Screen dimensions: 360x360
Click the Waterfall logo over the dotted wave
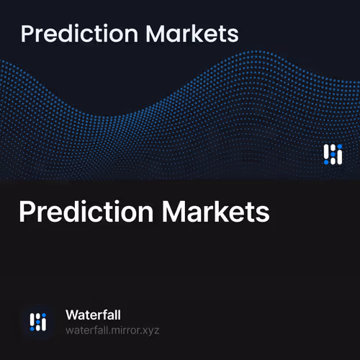click(x=332, y=154)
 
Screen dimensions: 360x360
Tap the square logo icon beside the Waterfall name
click(x=38, y=322)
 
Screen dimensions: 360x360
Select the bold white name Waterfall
click(x=92, y=315)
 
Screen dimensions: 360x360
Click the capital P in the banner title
click(x=28, y=34)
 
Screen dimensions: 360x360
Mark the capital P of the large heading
click(x=27, y=212)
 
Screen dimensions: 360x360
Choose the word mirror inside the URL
click(x=123, y=330)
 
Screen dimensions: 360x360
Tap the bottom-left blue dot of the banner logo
click(x=326, y=161)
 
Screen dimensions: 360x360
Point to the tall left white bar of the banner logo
click(x=326, y=151)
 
